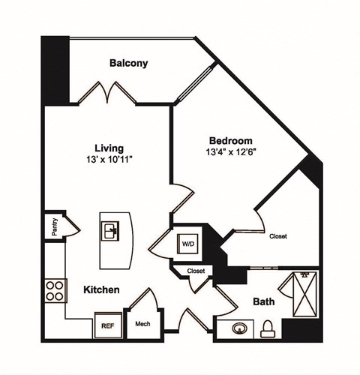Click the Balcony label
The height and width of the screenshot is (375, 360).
pos(128,63)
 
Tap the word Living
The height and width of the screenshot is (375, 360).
pos(109,148)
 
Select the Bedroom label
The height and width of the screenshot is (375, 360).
pos(230,141)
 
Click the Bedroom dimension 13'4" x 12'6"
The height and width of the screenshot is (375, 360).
pos(230,152)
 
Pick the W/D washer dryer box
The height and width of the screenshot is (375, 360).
pos(186,243)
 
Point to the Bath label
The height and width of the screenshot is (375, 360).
pos(263,301)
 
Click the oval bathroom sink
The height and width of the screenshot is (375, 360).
pos(240,328)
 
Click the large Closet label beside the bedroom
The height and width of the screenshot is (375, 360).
pos(278,236)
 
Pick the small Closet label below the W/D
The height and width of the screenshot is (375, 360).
pos(196,271)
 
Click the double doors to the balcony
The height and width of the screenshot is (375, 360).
pos(109,92)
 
